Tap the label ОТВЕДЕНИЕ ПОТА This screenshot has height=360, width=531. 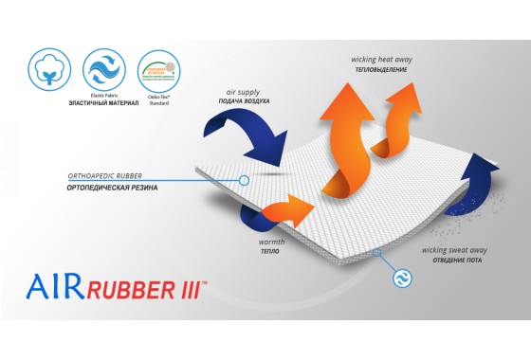tap(458, 261)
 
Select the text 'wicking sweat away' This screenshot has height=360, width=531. tap(458, 250)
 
